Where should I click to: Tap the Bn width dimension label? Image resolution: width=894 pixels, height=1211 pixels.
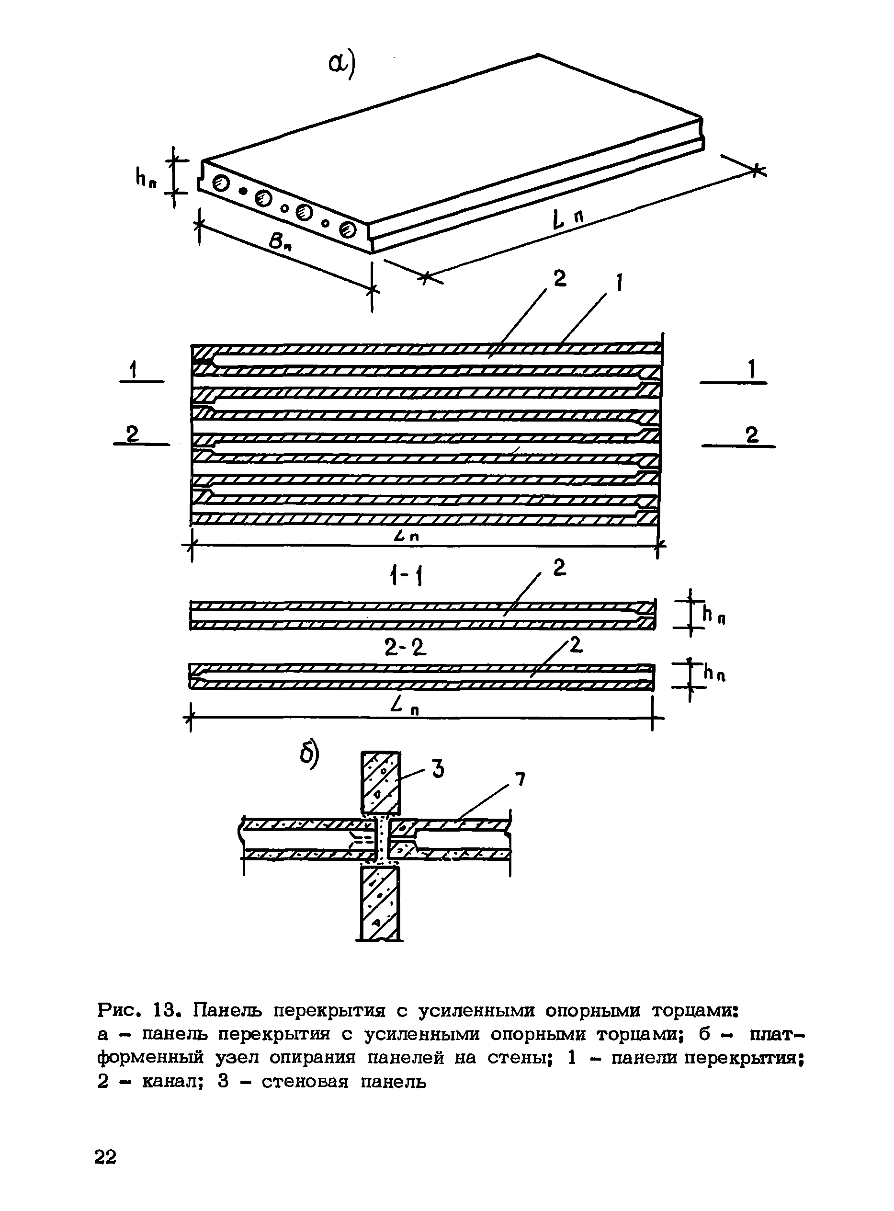(x=280, y=241)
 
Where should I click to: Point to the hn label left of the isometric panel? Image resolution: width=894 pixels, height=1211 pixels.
(x=146, y=177)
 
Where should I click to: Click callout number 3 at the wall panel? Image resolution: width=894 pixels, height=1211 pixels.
(x=438, y=769)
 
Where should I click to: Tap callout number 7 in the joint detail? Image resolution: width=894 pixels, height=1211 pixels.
(x=520, y=779)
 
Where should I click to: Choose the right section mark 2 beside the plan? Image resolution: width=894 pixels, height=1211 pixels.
(x=752, y=434)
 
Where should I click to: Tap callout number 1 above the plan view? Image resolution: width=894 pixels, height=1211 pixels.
(x=620, y=283)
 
